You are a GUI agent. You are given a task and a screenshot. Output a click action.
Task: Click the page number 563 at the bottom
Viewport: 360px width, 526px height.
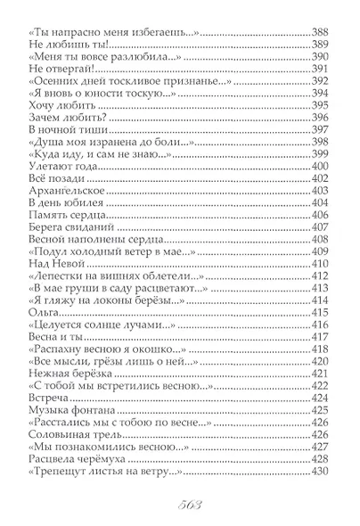(x=179, y=500)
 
